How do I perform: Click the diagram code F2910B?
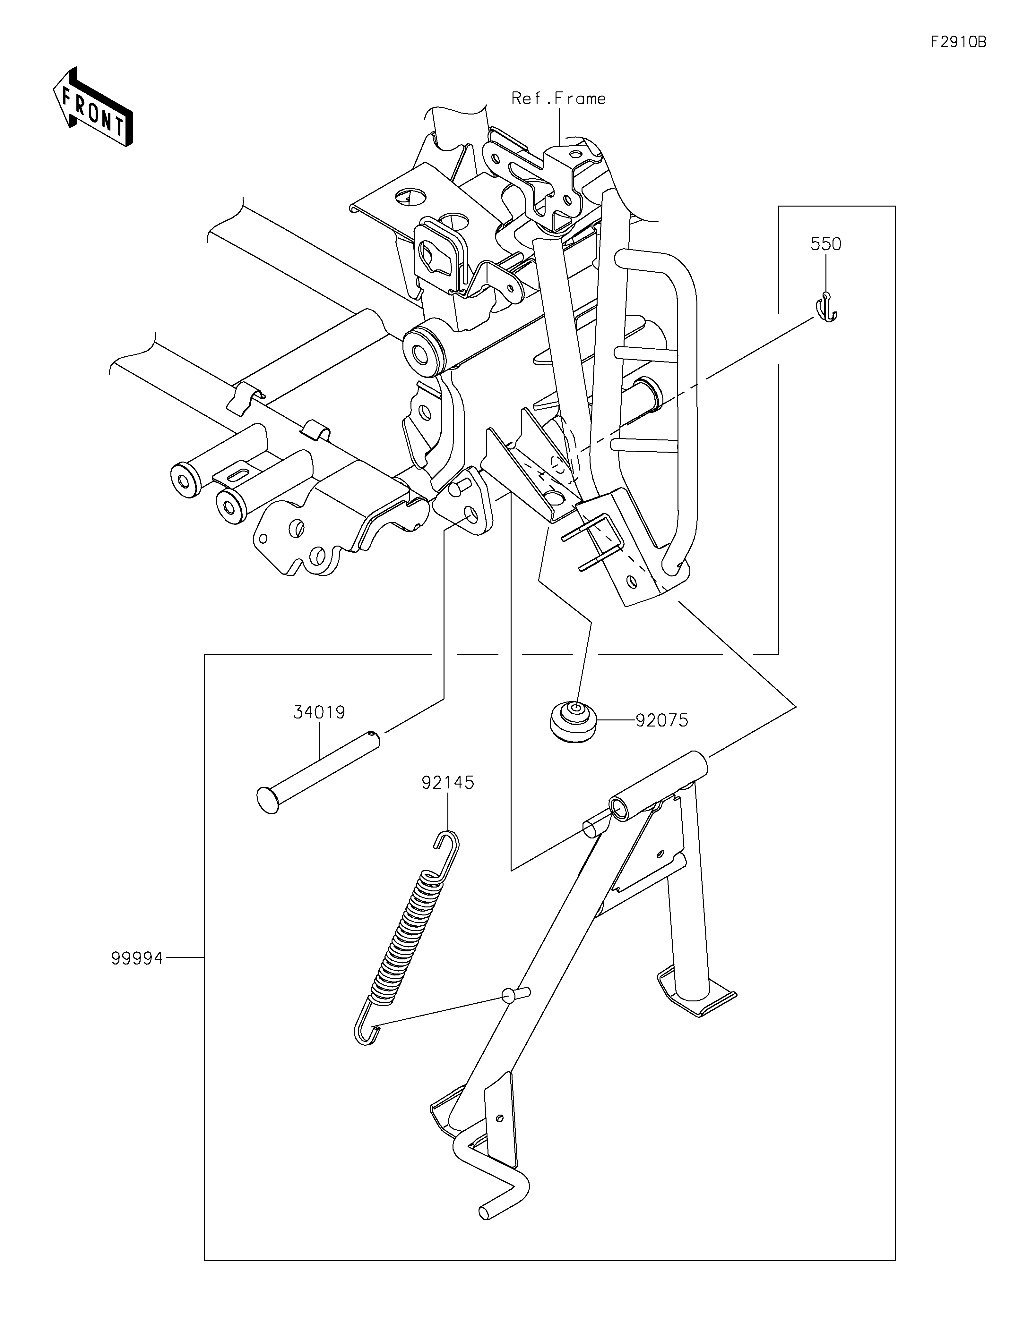[958, 42]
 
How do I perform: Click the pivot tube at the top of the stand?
[659, 784]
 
